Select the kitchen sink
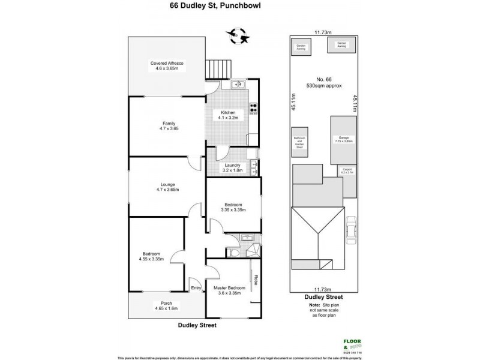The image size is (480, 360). pos(237,85)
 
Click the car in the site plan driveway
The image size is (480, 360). pos(352,230)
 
